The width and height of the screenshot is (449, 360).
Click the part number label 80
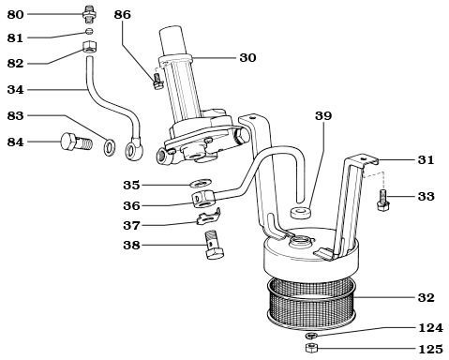coord(15,15)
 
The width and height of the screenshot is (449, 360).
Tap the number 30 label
coord(247,57)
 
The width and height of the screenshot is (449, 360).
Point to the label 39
coord(323,115)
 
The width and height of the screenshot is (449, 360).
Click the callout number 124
coord(429,327)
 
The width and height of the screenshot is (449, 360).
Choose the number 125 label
coord(429,349)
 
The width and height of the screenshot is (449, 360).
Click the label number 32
coord(426,297)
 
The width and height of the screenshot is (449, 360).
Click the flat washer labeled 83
coord(110,145)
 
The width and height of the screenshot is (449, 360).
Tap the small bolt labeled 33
coord(382,201)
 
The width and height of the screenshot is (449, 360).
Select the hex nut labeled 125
coord(311,349)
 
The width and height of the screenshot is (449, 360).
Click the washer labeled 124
coord(311,336)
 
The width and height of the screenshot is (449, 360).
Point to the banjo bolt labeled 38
coord(214,246)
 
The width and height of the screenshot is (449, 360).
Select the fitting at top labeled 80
coord(89,15)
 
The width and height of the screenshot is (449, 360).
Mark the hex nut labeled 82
coord(89,48)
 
